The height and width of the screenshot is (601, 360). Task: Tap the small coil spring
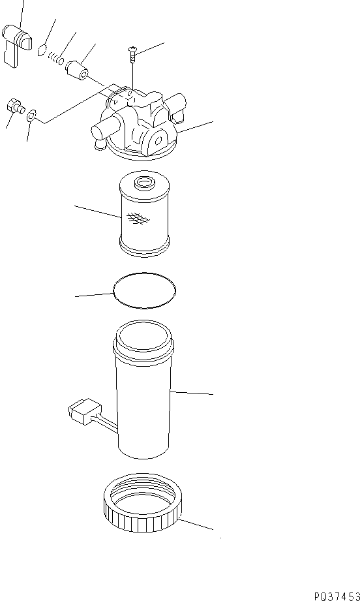click(57, 59)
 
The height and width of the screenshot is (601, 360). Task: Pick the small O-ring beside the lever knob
click(42, 50)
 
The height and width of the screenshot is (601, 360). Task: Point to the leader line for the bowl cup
click(192, 393)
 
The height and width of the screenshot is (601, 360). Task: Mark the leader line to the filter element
click(98, 211)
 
